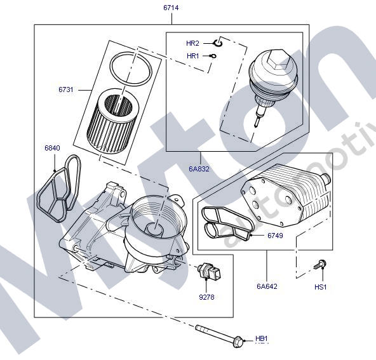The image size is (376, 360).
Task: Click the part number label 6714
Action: [x=171, y=8]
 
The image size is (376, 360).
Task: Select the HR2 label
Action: [x=192, y=43]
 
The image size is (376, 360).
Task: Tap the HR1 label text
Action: [x=193, y=56]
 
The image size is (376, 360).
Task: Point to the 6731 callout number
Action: [x=65, y=90]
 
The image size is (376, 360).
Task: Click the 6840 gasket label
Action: [x=52, y=148]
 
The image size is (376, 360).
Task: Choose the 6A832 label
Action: [x=199, y=169]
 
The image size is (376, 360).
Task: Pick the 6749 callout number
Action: [x=275, y=236]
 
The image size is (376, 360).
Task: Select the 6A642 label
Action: [x=267, y=286]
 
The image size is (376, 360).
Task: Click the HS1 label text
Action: [x=320, y=286]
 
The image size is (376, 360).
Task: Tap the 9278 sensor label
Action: [x=206, y=297]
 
